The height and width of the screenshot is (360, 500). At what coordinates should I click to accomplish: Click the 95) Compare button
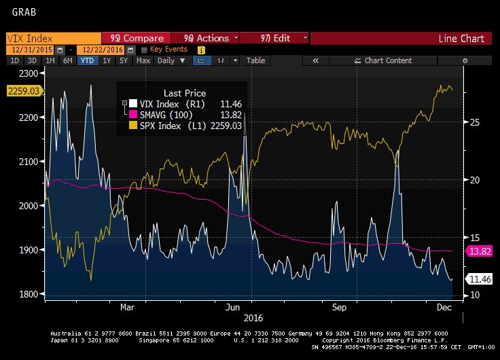pos(137,38)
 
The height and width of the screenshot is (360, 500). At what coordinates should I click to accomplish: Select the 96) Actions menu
pos(207,38)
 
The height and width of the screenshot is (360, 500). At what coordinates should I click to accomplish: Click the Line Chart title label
pos(462,39)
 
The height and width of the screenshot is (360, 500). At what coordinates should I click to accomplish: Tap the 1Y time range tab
pos(107,60)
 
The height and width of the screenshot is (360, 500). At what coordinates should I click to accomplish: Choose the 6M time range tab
pos(67,60)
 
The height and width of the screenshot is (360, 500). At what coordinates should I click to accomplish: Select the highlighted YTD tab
pos(87,60)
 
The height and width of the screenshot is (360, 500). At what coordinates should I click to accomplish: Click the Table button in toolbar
pos(255,60)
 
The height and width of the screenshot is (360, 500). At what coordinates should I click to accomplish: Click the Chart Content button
pos(388,60)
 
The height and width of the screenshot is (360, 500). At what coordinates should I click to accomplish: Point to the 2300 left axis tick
pos(30,73)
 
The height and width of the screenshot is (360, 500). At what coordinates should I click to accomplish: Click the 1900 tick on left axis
pos(30,250)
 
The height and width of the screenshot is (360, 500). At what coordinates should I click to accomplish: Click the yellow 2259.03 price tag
pos(22,90)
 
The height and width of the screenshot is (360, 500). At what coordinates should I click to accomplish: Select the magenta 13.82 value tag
pos(478,252)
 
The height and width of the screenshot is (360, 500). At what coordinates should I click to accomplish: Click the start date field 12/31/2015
pos(31,50)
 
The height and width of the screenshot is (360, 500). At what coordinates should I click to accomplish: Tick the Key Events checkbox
pos(144,50)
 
